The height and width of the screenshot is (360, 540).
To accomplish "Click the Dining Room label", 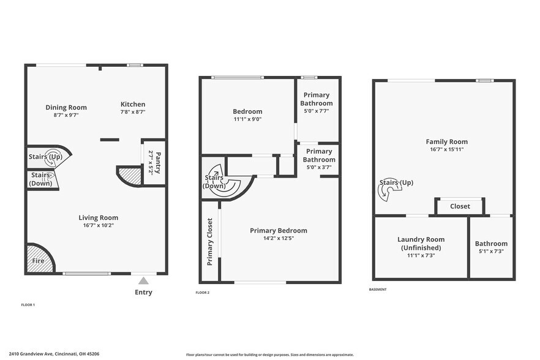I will click(66, 107).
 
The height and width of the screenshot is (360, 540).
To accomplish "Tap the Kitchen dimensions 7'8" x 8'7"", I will click(132, 112).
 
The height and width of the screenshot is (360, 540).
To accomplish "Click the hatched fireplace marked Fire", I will click(39, 259).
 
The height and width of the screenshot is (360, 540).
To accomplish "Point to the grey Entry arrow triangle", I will click(143, 280).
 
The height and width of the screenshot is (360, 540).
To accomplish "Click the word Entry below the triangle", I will click(143, 292).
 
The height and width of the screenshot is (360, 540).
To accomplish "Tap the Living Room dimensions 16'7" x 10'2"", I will click(98, 225).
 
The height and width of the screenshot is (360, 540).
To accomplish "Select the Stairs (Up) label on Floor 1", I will click(45, 157).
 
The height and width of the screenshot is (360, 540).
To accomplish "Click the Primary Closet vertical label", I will click(209, 241).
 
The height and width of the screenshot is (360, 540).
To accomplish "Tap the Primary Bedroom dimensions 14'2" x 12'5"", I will click(279, 238).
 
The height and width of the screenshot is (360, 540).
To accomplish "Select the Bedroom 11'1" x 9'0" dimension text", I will click(247, 119).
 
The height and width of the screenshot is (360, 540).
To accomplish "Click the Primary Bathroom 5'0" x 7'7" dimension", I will click(316, 111).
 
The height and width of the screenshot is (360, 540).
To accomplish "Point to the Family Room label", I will click(446, 141).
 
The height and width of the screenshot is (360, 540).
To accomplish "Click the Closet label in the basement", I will click(460, 206).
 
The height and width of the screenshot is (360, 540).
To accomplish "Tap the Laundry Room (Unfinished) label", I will click(421, 243).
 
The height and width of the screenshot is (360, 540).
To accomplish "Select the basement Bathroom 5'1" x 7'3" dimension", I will click(491, 251).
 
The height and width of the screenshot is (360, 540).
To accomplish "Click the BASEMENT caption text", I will click(378, 290).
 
